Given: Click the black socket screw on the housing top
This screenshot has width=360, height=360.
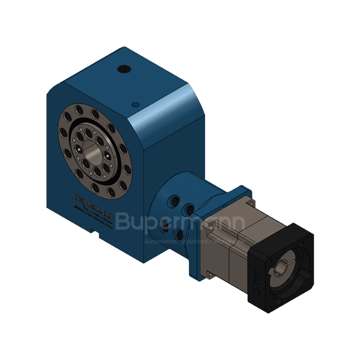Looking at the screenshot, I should point(123,69).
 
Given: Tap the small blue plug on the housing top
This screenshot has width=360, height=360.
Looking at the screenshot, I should point(134,104).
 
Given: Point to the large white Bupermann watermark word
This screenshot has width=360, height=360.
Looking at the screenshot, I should point(180,221).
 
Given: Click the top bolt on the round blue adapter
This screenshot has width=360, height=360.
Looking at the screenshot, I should point(174,198).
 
